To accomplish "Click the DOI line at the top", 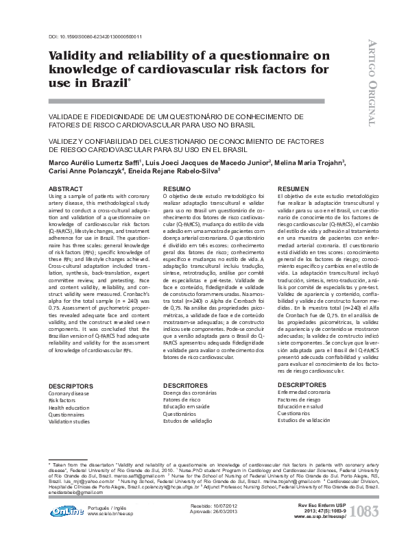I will pyautogui.click(x=95, y=36).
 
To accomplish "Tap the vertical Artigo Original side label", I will pyautogui.click(x=373, y=79).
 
